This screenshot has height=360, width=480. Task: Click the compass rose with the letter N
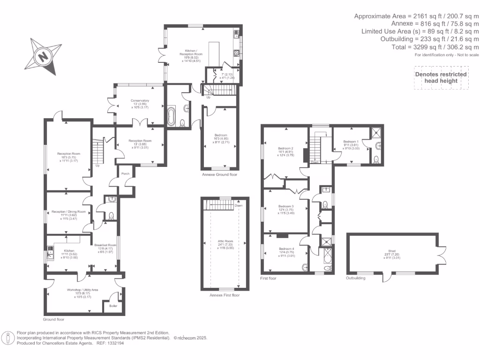tap(44, 56)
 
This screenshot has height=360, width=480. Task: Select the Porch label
tap(125, 173)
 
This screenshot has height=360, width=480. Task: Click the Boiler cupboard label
tap(113, 306)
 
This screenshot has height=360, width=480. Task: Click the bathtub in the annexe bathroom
tap(171, 116)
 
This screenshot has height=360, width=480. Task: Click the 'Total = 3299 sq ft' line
tap(435, 47)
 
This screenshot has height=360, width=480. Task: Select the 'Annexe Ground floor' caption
tap(219, 174)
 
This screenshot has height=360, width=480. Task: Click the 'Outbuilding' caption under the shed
tap(355, 278)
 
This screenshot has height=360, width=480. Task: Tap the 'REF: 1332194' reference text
tap(111, 343)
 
